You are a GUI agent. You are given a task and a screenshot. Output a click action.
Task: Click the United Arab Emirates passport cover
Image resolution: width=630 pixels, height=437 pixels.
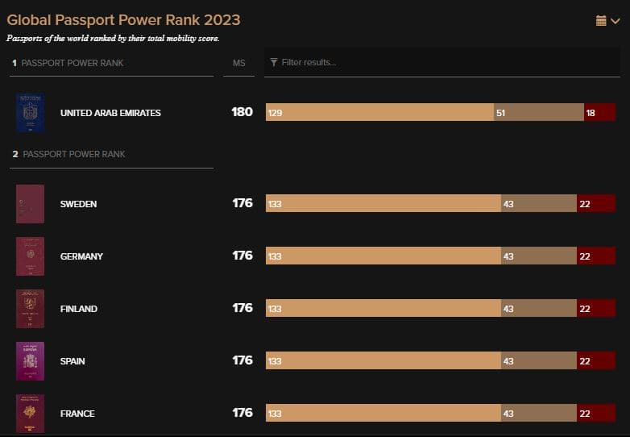(30, 113)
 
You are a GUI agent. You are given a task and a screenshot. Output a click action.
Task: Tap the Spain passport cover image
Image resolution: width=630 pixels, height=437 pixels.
(30, 361)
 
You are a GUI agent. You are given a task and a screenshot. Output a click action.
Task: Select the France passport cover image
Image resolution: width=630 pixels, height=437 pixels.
(30, 414)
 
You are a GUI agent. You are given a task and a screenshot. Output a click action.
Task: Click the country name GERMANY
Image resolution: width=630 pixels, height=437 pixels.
(81, 256)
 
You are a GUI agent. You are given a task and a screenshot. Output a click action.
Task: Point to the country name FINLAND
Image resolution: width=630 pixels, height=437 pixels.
(79, 309)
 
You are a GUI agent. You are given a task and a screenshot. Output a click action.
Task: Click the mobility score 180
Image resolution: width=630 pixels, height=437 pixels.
(242, 112)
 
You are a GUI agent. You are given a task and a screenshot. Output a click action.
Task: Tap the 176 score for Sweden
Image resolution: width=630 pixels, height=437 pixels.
(242, 203)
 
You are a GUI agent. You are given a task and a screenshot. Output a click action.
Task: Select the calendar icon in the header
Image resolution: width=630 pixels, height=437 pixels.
(601, 20)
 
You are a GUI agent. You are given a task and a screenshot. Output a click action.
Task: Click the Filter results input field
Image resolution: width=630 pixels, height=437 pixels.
(442, 62)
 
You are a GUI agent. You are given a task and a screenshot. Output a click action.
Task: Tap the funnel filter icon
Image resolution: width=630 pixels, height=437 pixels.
(274, 62)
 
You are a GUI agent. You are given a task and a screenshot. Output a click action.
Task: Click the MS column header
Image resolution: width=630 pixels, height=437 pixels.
(238, 63)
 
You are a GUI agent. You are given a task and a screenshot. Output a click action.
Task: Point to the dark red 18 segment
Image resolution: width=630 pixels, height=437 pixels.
(599, 112)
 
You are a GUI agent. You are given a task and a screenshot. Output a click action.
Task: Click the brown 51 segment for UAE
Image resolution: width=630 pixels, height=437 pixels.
(539, 112)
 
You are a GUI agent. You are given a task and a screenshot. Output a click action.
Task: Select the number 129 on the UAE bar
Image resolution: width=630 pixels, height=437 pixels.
(276, 113)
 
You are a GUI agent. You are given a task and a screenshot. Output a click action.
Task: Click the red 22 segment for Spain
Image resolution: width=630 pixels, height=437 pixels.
(596, 360)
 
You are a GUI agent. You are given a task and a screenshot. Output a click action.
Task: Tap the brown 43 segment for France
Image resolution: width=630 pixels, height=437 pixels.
(539, 413)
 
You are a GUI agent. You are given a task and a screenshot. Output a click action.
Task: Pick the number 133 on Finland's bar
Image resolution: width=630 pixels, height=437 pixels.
(275, 309)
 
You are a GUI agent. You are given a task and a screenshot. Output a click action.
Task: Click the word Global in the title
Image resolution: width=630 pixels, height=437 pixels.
(29, 20)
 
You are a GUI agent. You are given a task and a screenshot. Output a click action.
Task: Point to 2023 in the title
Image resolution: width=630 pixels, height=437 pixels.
(222, 20)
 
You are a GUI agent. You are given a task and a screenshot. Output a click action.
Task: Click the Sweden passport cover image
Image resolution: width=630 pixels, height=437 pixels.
(30, 204)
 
